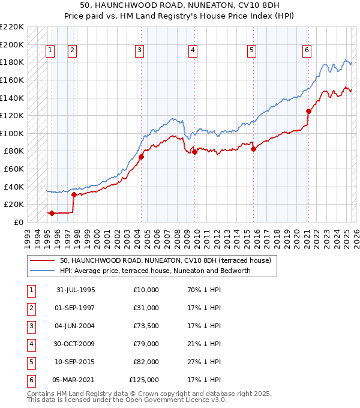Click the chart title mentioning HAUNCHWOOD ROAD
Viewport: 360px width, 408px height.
point(180,5)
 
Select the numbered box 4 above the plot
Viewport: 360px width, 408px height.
point(193,50)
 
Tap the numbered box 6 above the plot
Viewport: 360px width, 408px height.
point(307,50)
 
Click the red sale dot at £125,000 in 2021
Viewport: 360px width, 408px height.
point(308,111)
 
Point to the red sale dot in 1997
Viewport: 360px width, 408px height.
point(74,194)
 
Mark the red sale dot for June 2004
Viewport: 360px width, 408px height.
point(142,157)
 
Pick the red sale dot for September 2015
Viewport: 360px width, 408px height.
point(253,149)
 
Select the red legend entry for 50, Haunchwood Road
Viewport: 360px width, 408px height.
point(166,260)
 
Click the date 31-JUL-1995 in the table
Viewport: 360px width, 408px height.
point(75,290)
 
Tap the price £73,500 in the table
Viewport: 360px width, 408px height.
point(143,326)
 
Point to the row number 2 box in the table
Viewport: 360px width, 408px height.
point(31,308)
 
